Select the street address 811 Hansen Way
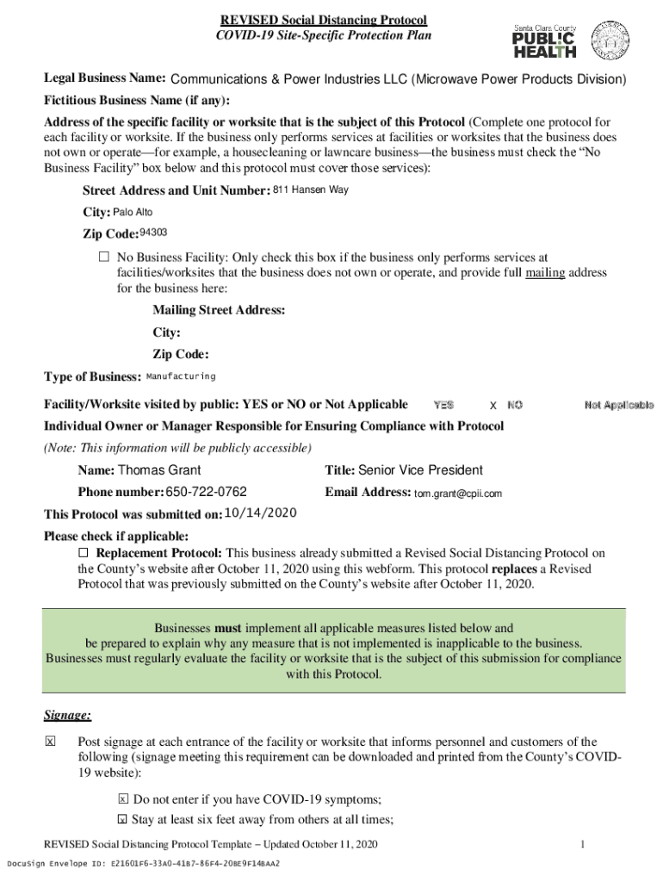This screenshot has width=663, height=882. (311, 190)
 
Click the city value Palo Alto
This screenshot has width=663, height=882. (133, 212)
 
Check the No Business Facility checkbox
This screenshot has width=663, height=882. (104, 258)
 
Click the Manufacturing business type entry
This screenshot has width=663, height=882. (181, 376)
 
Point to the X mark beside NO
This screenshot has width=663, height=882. (493, 405)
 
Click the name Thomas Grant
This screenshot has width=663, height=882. (159, 470)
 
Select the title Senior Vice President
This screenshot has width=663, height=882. (420, 470)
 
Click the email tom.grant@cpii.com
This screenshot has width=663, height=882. (458, 494)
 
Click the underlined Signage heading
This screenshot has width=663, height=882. (67, 715)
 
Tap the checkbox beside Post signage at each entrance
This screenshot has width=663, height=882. (50, 742)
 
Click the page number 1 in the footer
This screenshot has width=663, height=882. (583, 844)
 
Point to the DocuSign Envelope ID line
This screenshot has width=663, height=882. (143, 863)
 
